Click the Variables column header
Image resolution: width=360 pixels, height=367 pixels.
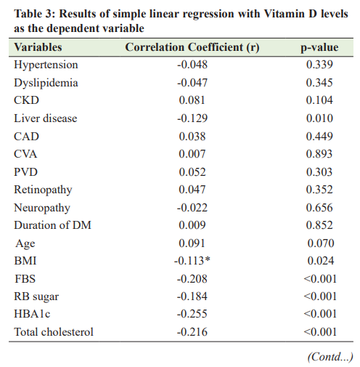click(x=38, y=47)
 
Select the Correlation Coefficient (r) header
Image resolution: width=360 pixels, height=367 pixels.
click(x=192, y=47)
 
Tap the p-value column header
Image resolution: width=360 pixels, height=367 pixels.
click(x=319, y=48)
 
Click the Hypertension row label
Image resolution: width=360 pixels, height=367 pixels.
click(x=46, y=65)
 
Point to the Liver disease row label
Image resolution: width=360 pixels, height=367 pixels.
click(x=46, y=118)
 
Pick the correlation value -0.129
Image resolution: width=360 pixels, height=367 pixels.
click(x=192, y=118)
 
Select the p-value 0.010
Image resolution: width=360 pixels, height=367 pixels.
click(x=319, y=118)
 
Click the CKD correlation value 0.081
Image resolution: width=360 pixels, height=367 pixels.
click(x=192, y=100)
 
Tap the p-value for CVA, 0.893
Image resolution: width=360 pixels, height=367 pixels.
click(x=319, y=154)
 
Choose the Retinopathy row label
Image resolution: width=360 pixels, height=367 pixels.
click(x=43, y=190)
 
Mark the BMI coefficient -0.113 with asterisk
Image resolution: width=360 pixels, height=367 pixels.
click(x=192, y=261)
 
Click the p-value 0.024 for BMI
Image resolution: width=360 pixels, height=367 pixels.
click(x=321, y=261)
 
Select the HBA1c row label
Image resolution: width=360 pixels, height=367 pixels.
click(x=32, y=314)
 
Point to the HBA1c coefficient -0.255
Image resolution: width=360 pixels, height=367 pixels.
click(x=192, y=314)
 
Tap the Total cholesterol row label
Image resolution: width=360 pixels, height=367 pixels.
click(x=54, y=332)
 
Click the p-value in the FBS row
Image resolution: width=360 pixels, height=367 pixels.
click(x=320, y=279)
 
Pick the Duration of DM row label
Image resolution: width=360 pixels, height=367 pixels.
click(x=53, y=225)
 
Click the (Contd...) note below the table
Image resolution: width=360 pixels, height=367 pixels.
click(x=330, y=357)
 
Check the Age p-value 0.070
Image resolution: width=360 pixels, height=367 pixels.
click(x=321, y=243)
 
